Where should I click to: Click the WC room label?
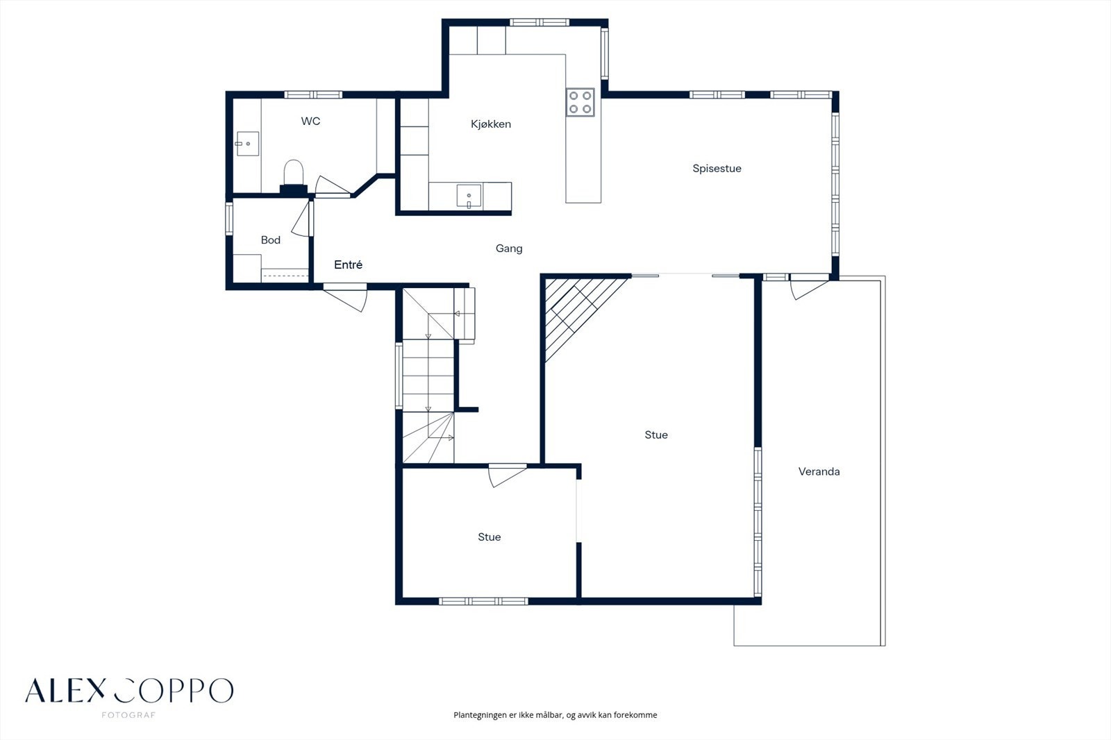point(310,121)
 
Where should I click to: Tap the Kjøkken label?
point(490,124)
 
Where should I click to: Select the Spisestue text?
point(717,169)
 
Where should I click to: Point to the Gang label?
point(509,249)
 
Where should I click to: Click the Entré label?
point(348,265)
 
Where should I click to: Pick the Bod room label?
point(270,240)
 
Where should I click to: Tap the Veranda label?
point(819,471)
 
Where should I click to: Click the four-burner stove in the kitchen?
point(580,103)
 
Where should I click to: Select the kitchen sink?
point(469,196)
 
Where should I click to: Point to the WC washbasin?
point(247,144)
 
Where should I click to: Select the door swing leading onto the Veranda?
point(809,288)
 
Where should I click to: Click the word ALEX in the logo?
point(65,691)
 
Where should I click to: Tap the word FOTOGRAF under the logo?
point(128,715)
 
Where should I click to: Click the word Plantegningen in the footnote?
point(479,715)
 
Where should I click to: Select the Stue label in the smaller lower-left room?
point(489,537)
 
